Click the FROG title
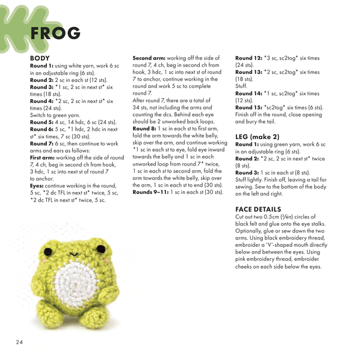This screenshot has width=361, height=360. coord(55,33)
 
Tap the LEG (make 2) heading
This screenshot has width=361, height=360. coord(257,137)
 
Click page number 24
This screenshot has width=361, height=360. coord(19,343)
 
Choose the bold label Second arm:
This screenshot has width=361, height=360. coord(149,58)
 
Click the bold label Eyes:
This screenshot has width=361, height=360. coord(38,185)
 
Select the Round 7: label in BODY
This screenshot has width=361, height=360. coord(42,143)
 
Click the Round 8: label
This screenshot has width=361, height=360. coord(144,128)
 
